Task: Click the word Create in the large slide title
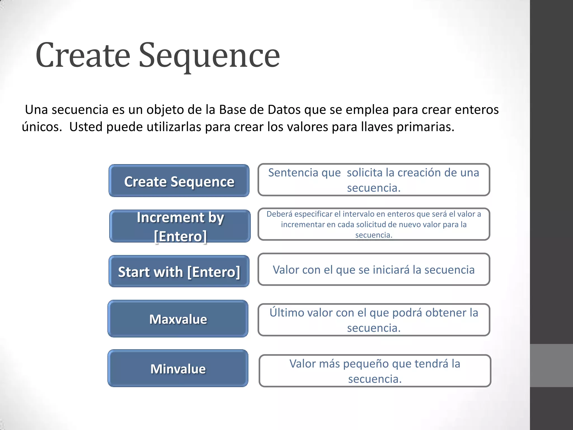point(83,55)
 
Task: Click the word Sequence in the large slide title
point(209,55)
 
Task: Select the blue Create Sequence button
point(179,181)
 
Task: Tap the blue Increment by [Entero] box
point(180,226)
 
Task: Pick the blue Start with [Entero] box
point(179,272)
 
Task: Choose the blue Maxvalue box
point(178,319)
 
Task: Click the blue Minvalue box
point(178,368)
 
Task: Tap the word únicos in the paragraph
point(41,127)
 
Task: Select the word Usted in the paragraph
point(86,127)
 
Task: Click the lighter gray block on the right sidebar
point(551,366)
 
